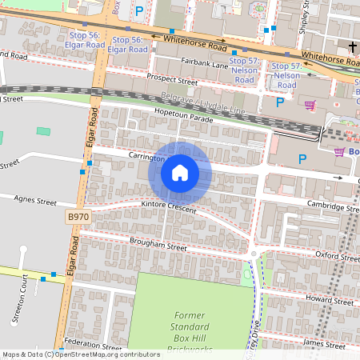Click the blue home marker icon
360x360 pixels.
[180, 172]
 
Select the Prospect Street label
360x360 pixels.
[172, 80]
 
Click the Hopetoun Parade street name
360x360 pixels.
[184, 117]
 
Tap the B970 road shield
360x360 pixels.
[78, 216]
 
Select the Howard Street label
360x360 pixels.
[330, 303]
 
